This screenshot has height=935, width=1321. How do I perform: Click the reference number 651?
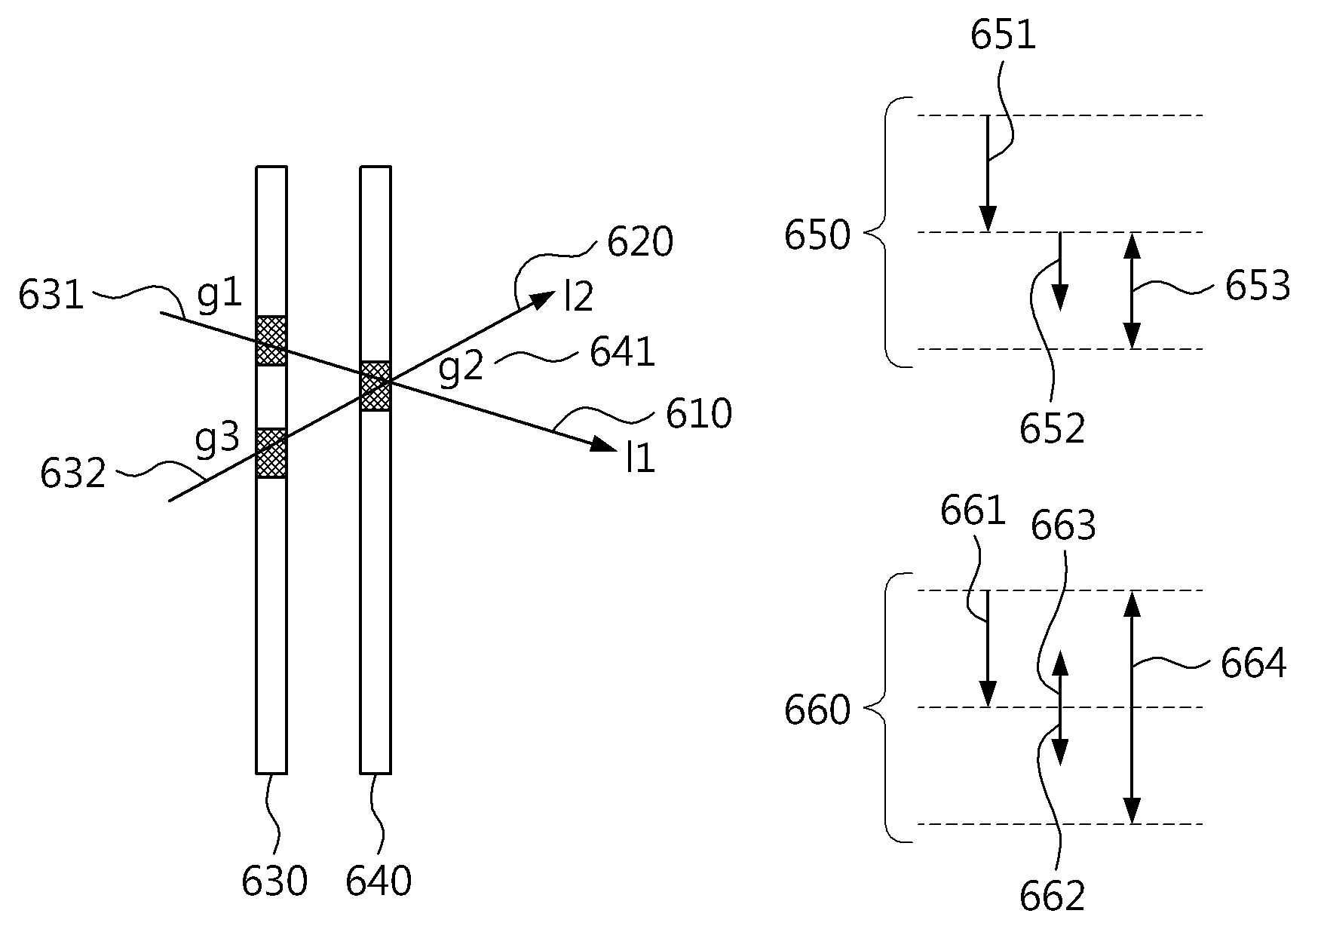pyautogui.click(x=1003, y=35)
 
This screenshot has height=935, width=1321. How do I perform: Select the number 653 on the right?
pyautogui.click(x=1258, y=287)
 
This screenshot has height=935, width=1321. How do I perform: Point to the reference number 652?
pyautogui.click(x=1053, y=429)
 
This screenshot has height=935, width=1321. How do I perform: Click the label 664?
pyautogui.click(x=1254, y=664)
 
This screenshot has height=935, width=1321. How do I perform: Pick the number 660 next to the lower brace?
pyautogui.click(x=817, y=710)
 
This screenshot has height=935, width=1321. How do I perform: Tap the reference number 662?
pyautogui.click(x=1053, y=896)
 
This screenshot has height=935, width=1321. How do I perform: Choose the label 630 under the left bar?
pyautogui.click(x=274, y=881)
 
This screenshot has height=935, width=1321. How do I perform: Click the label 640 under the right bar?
pyautogui.click(x=379, y=881)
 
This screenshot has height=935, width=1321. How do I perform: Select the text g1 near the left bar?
pyautogui.click(x=219, y=295)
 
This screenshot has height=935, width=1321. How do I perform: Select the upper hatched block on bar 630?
pyautogui.click(x=271, y=341)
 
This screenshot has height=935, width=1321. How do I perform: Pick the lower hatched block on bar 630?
pyautogui.click(x=271, y=452)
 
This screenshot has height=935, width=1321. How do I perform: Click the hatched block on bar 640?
pyautogui.click(x=375, y=386)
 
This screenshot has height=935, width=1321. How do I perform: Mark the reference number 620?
pyautogui.click(x=639, y=243)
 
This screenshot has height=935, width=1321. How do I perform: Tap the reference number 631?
pyautogui.click(x=51, y=296)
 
